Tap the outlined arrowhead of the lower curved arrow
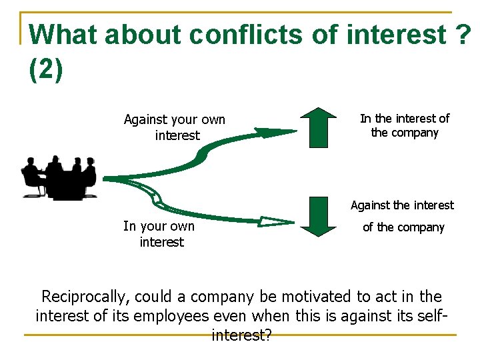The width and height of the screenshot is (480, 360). click(277, 221)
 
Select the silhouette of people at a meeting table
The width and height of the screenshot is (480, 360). click(59, 177)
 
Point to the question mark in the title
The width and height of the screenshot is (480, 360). click(465, 34)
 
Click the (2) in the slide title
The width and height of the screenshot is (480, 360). click(47, 69)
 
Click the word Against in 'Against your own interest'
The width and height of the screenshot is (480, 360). click(145, 120)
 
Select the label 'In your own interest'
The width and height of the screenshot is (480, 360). click(160, 234)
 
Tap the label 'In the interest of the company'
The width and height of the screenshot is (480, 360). click(405, 125)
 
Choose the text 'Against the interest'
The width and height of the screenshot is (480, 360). click(402, 205)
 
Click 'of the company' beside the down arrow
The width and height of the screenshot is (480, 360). click(403, 227)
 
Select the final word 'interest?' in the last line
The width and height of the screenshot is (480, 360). click(241, 335)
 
